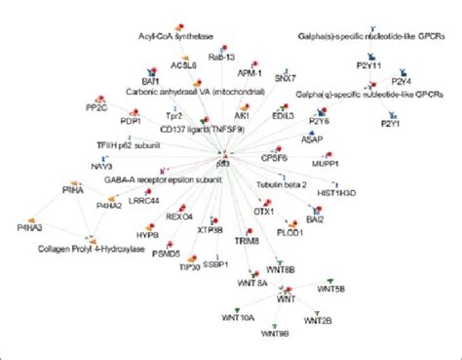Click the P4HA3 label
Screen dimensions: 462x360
coord(33,228)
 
